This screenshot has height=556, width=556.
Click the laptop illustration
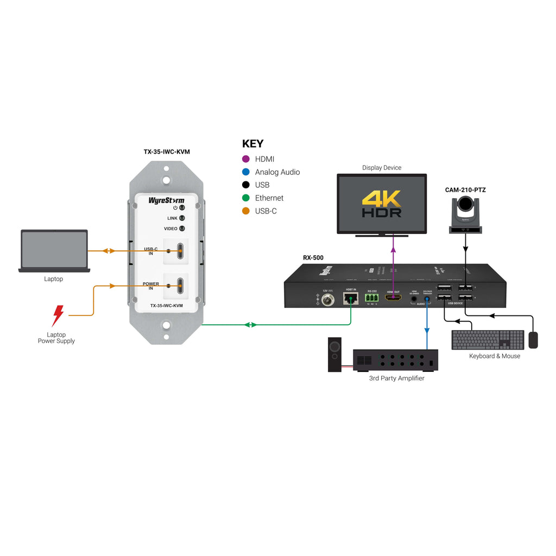click(x=54, y=250)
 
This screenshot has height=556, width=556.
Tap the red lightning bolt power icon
click(x=58, y=315)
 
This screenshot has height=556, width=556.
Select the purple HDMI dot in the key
click(x=246, y=159)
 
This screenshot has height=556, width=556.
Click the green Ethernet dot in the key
click(x=246, y=198)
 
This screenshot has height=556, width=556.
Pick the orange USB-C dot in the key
click(x=246, y=211)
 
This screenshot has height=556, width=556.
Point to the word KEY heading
click(x=252, y=144)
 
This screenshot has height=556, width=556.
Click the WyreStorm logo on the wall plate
click(x=166, y=200)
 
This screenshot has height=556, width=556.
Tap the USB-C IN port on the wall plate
click(x=179, y=251)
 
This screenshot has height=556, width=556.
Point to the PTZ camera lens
click(x=465, y=205)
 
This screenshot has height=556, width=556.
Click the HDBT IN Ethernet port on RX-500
click(x=350, y=298)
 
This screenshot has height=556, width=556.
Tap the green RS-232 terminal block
click(x=371, y=298)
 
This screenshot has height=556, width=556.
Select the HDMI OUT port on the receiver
click(x=393, y=298)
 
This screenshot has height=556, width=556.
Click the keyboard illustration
click(x=488, y=340)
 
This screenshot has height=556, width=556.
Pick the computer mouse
click(x=533, y=340)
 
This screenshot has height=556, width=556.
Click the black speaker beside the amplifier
click(x=335, y=355)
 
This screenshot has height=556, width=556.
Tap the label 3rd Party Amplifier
click(x=396, y=378)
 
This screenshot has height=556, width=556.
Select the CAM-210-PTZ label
click(x=465, y=190)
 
